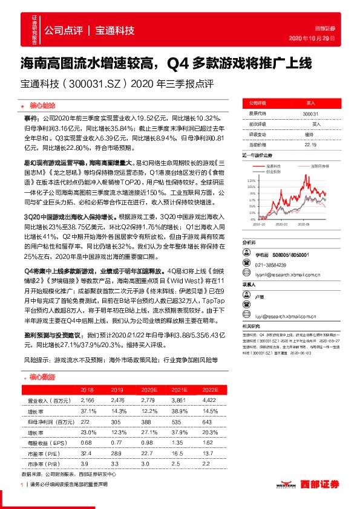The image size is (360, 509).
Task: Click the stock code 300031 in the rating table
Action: click(310, 114)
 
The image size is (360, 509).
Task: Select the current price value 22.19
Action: click(310, 144)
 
